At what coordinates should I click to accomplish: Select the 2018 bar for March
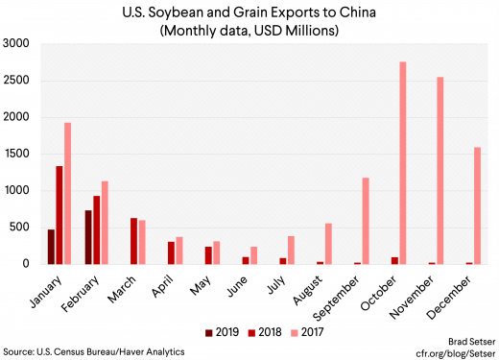tap(133, 241)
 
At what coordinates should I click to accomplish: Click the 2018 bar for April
tap(171, 252)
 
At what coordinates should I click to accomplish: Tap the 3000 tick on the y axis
tap(17, 44)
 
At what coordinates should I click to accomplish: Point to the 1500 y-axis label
tap(17, 154)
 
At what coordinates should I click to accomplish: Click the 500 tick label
tap(20, 227)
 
